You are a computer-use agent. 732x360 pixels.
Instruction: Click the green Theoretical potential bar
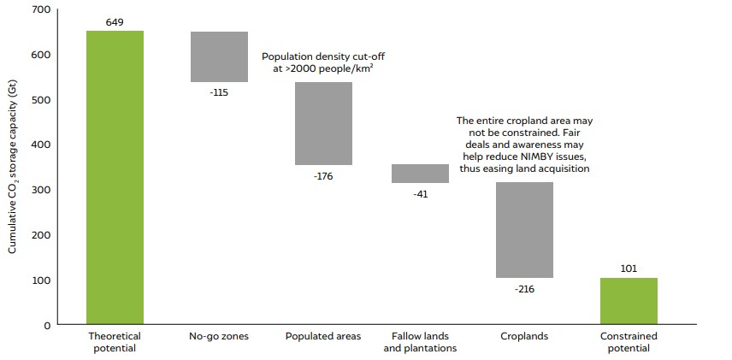[115, 178]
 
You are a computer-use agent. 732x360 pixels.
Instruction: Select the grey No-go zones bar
[219, 56]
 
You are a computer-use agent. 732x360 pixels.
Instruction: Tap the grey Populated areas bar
[323, 123]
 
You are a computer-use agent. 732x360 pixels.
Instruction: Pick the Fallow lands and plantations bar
[420, 173]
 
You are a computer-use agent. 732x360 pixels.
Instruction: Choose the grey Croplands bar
[524, 229]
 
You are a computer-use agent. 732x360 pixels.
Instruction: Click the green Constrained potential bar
[629, 301]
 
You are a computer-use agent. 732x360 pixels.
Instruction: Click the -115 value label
[219, 91]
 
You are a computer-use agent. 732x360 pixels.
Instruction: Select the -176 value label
[323, 176]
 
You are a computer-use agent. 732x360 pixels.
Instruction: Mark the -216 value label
[524, 289]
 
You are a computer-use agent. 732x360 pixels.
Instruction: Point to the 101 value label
[629, 269]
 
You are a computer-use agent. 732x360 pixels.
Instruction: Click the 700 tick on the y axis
[42, 9]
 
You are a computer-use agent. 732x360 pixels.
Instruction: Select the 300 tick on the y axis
[42, 190]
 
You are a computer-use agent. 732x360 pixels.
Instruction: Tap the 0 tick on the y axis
[48, 325]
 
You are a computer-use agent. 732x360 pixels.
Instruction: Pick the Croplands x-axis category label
[524, 336]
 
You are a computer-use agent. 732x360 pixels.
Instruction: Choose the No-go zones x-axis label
[219, 336]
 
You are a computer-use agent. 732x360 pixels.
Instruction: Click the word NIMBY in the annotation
[533, 156]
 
